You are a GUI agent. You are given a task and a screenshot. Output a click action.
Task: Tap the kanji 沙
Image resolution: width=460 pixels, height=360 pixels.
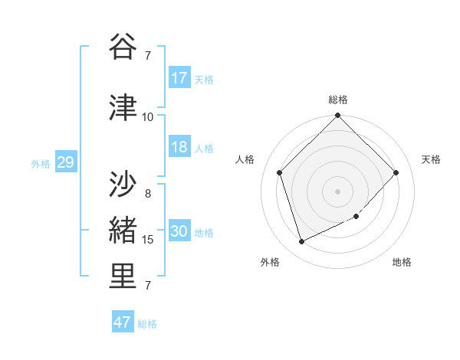(x=123, y=184)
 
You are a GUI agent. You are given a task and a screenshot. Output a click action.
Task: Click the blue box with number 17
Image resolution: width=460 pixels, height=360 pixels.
(x=179, y=77)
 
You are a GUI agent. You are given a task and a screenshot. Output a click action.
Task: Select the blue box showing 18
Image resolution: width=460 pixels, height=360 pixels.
(x=179, y=147)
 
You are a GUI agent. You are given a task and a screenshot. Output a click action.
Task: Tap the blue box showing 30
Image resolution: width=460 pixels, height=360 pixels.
(x=179, y=231)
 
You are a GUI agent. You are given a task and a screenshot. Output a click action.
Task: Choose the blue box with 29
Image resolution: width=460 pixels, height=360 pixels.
(x=65, y=162)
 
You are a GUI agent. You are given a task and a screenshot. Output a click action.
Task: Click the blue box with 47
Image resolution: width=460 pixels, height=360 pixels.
(x=123, y=322)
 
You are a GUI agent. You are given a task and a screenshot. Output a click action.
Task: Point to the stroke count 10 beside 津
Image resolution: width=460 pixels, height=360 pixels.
(x=148, y=116)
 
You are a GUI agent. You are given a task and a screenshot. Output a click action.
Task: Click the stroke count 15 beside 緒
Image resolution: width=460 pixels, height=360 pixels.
(x=148, y=240)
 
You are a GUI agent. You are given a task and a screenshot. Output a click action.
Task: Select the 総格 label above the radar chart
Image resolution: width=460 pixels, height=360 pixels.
(x=338, y=100)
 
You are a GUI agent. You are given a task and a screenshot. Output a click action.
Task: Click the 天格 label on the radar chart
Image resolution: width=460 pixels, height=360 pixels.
(x=432, y=159)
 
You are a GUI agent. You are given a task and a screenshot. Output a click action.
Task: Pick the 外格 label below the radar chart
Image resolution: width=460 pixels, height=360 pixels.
(x=270, y=262)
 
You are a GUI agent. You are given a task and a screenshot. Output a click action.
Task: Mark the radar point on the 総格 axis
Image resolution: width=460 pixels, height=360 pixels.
(x=338, y=116)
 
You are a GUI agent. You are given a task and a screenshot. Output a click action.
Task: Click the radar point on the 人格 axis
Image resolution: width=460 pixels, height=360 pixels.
(x=280, y=172)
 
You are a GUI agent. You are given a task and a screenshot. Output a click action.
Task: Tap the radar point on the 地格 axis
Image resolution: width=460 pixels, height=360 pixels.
(x=356, y=217)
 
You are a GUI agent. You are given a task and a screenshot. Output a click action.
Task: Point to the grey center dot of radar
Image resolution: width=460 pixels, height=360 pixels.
(x=338, y=191)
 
